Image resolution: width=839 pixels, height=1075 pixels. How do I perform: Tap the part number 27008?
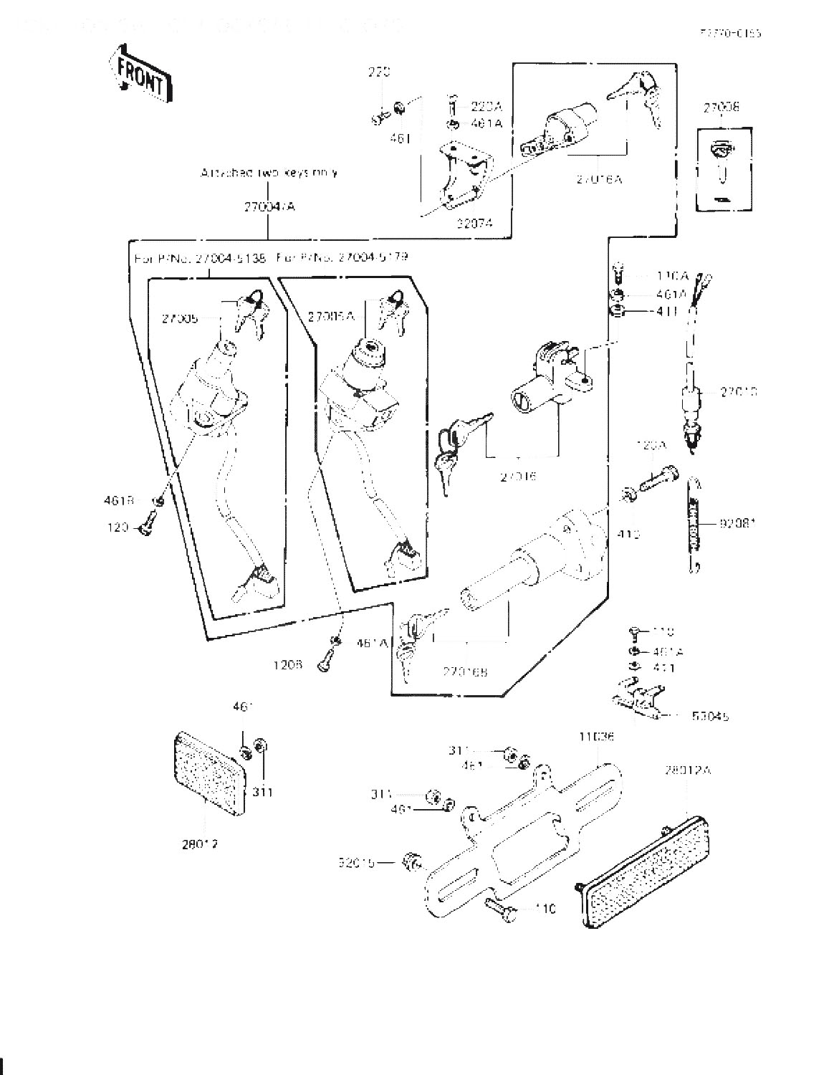(721, 108)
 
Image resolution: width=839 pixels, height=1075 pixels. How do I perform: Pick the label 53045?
(711, 716)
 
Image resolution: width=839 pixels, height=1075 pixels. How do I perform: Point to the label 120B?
(287, 665)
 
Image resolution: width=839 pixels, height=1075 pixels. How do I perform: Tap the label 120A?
(651, 446)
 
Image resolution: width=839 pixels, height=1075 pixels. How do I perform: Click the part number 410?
(628, 535)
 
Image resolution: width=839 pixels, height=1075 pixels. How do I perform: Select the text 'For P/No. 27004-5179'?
(342, 257)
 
